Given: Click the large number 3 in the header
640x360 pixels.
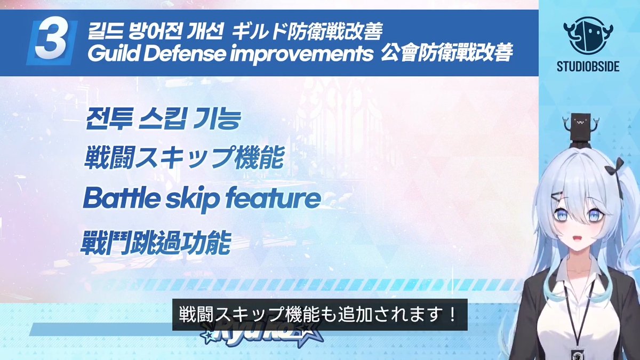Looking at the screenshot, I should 51,44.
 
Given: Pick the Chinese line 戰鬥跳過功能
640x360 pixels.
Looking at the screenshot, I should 156,244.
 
